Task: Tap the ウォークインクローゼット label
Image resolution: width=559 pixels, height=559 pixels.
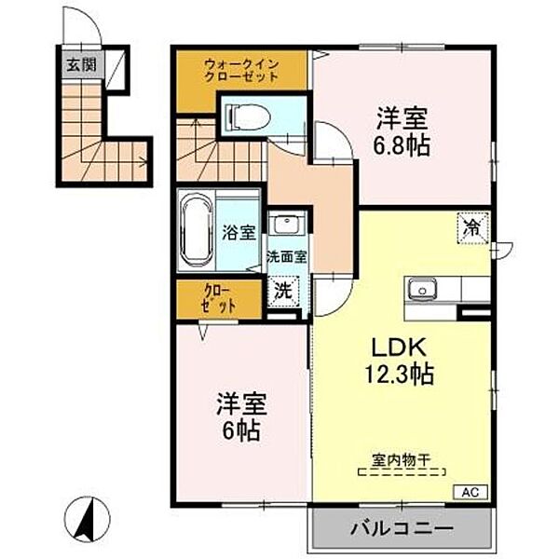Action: [x=241, y=71]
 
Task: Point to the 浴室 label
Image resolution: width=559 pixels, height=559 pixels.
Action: [x=239, y=233]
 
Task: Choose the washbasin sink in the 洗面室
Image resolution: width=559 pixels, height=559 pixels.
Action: [x=287, y=226]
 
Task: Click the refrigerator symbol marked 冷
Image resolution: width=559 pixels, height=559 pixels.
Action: [x=471, y=225]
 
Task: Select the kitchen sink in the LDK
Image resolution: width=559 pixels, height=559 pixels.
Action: [x=421, y=291]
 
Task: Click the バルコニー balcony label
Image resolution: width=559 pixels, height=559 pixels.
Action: [x=401, y=529]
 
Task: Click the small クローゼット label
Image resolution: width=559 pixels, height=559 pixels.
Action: [x=219, y=299]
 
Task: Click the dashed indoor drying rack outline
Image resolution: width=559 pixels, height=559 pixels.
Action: [x=402, y=473]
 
